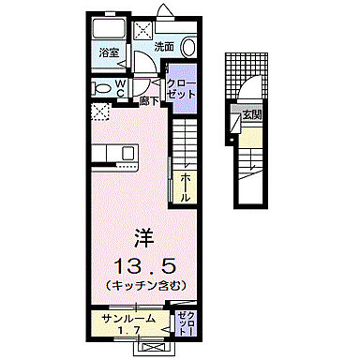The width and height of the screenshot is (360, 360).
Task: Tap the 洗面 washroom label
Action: [x=164, y=46]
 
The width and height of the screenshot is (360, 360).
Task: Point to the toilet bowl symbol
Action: [x=100, y=87]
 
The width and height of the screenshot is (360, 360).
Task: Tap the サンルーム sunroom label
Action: [x=125, y=321]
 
